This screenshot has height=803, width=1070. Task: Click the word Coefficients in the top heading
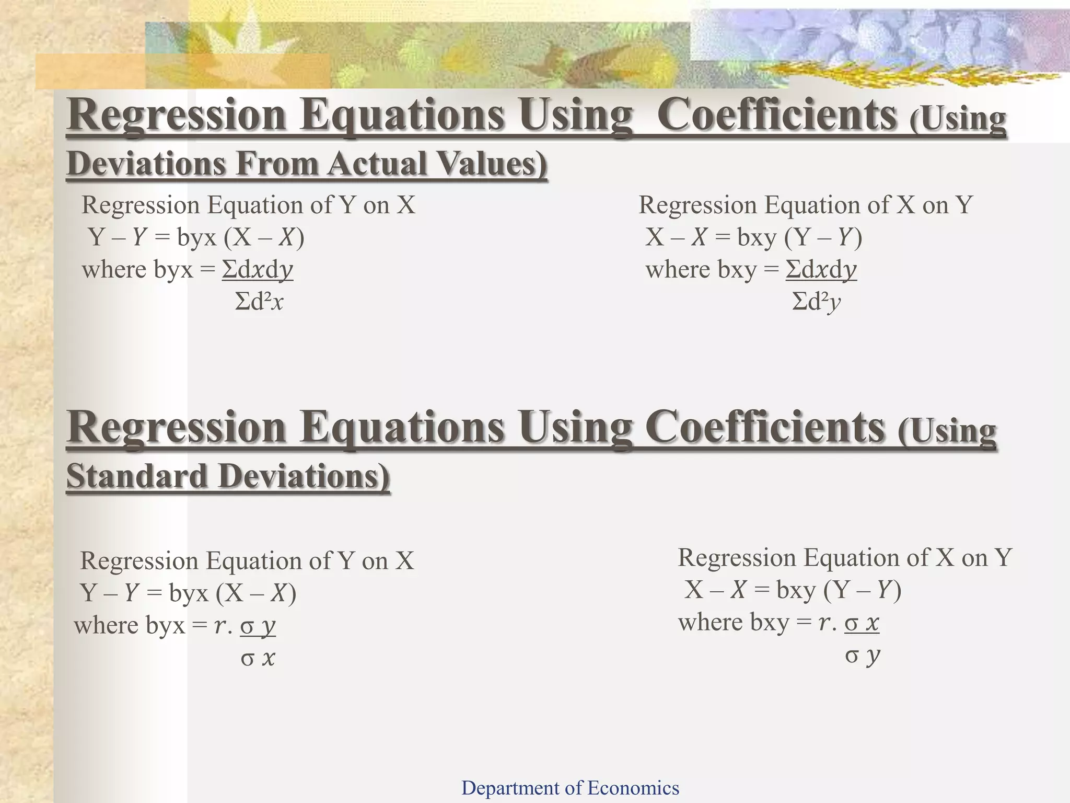click(x=776, y=116)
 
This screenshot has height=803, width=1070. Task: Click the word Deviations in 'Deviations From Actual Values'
click(x=146, y=163)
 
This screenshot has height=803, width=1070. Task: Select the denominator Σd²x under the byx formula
click(x=259, y=302)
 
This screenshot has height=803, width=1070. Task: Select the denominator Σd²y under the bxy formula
click(x=816, y=302)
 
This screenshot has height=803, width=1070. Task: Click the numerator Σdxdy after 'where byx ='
click(x=258, y=270)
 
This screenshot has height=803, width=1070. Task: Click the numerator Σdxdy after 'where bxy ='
click(x=821, y=270)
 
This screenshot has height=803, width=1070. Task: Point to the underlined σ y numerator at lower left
click(x=258, y=626)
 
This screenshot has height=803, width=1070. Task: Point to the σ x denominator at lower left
click(x=258, y=658)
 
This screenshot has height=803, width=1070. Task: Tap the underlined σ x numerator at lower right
click(x=862, y=623)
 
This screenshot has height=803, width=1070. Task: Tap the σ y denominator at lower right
click(x=863, y=655)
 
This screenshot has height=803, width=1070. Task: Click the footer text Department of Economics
click(x=570, y=787)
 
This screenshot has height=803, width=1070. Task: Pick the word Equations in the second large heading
click(x=402, y=428)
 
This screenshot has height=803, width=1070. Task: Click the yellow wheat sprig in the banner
click(x=888, y=78)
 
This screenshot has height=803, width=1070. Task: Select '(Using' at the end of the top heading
click(x=957, y=119)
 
